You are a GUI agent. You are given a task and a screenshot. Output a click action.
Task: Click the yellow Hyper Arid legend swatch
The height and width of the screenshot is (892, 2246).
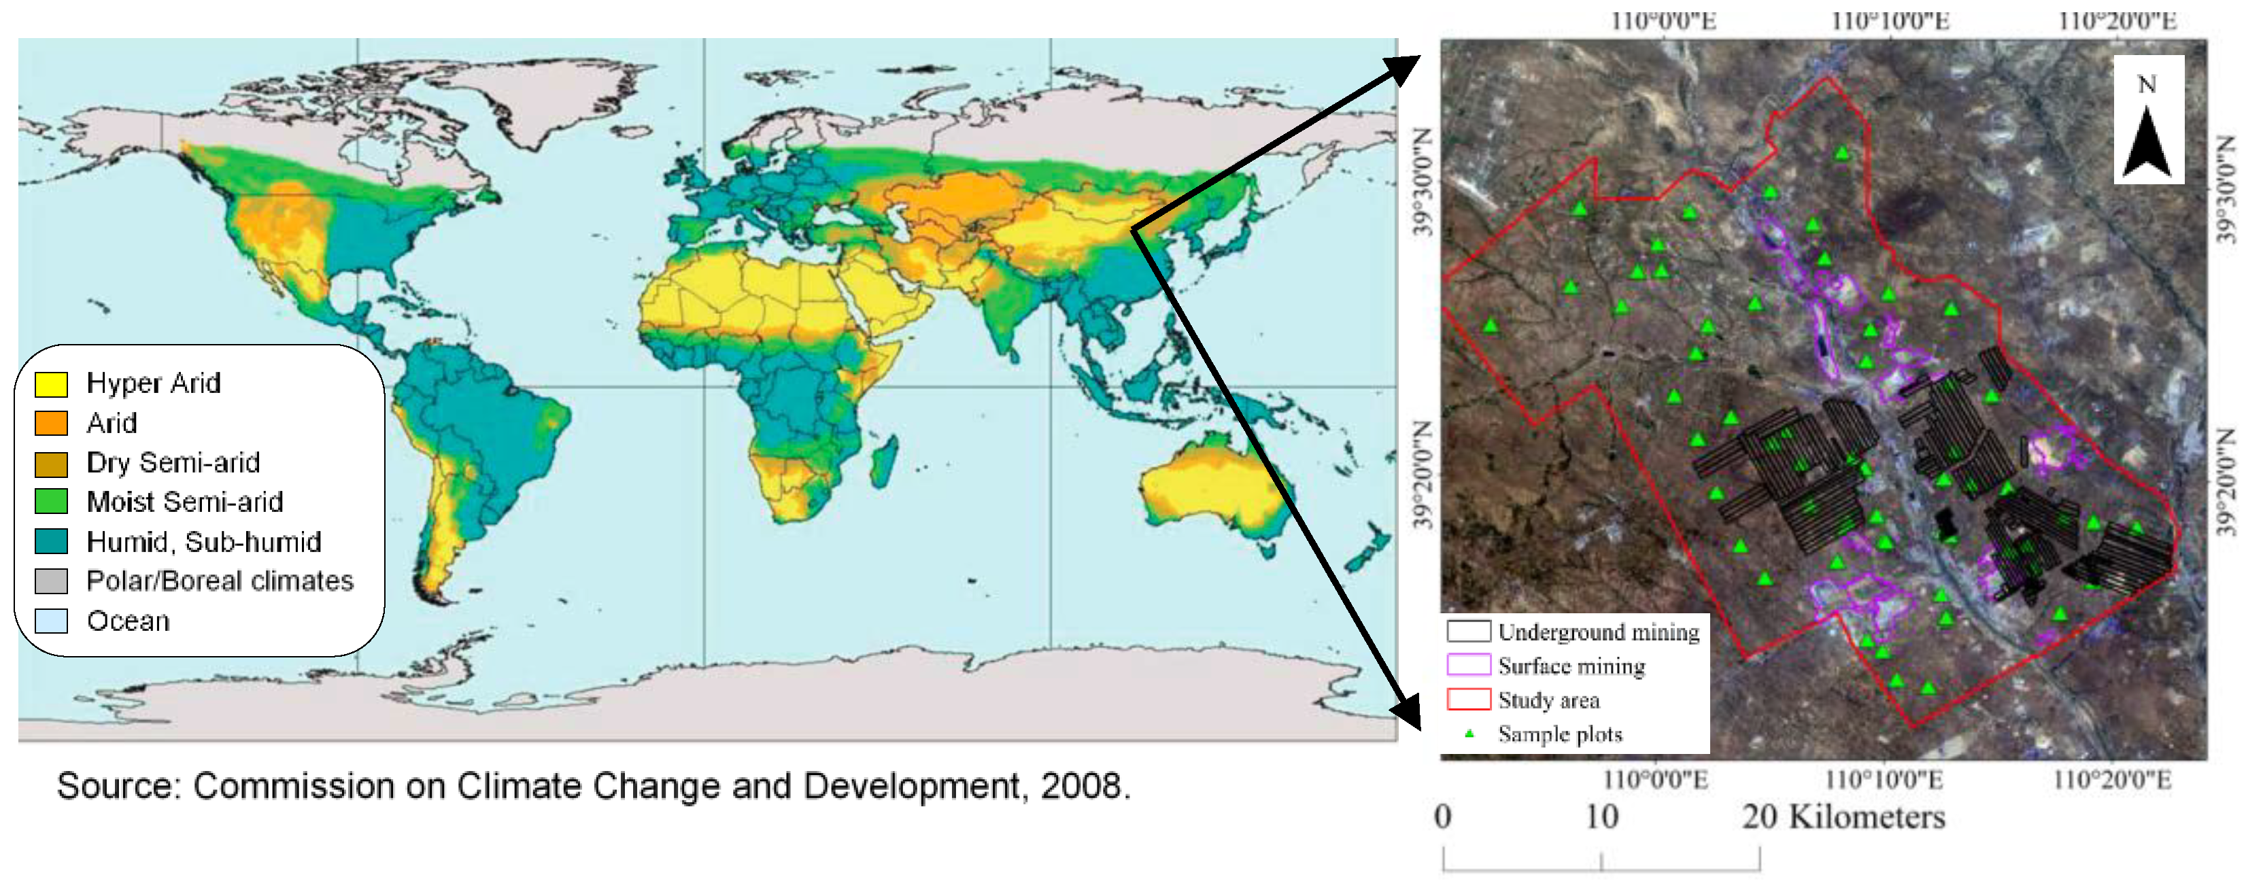click(50, 383)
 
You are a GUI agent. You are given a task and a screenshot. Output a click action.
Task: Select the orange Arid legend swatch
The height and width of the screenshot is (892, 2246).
click(50, 423)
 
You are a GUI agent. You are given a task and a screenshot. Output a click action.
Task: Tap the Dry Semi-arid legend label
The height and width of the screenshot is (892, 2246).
click(173, 462)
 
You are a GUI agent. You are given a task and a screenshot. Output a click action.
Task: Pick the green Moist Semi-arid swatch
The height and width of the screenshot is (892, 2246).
click(50, 501)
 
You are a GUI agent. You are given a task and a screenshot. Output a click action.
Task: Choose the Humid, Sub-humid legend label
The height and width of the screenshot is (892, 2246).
click(203, 541)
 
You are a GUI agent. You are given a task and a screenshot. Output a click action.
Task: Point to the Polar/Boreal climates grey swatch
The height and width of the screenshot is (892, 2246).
click(50, 581)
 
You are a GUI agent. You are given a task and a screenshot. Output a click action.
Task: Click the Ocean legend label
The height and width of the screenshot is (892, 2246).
click(128, 621)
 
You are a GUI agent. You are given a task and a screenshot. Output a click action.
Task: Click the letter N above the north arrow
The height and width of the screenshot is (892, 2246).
click(2147, 84)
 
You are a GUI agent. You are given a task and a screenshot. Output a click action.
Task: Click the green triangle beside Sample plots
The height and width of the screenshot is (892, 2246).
click(1469, 734)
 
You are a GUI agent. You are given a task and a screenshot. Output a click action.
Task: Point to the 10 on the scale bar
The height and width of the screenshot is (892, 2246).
click(1601, 817)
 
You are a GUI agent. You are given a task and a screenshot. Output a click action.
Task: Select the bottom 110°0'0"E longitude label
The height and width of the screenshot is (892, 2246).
click(1655, 778)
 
